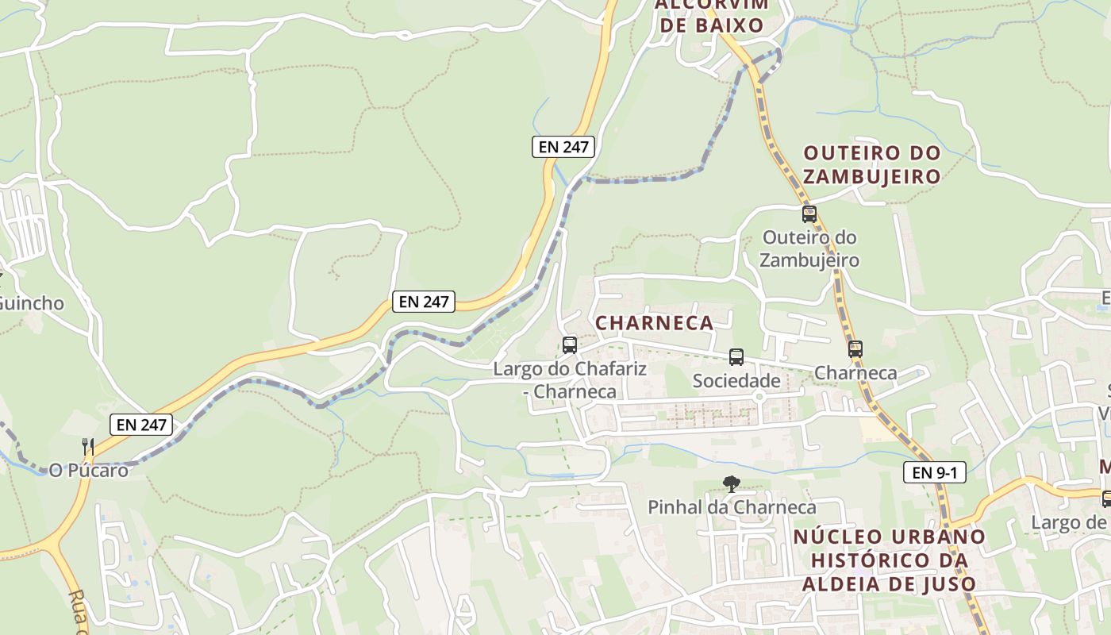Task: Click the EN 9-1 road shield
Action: coord(934,472)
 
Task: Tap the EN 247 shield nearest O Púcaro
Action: coord(142,425)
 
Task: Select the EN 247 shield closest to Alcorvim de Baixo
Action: coord(563,146)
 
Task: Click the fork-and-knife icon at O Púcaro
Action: coord(88,447)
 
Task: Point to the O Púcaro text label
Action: coord(89,471)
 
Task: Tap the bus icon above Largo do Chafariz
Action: coord(570,345)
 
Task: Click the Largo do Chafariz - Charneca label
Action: coord(570,380)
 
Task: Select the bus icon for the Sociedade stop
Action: coord(736,357)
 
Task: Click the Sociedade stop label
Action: coord(736,381)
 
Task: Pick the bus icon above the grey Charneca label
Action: coord(855,349)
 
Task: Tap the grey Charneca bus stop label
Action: coord(855,373)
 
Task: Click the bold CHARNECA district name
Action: coord(655,323)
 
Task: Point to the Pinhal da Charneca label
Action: coord(732,507)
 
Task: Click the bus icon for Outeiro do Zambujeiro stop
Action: coord(809,214)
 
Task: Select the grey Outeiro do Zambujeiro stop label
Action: coord(809,248)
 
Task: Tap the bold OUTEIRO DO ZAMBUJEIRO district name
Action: coord(872,164)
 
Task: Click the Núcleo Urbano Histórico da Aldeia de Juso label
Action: coord(889,560)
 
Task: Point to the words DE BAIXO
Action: coord(712,25)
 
